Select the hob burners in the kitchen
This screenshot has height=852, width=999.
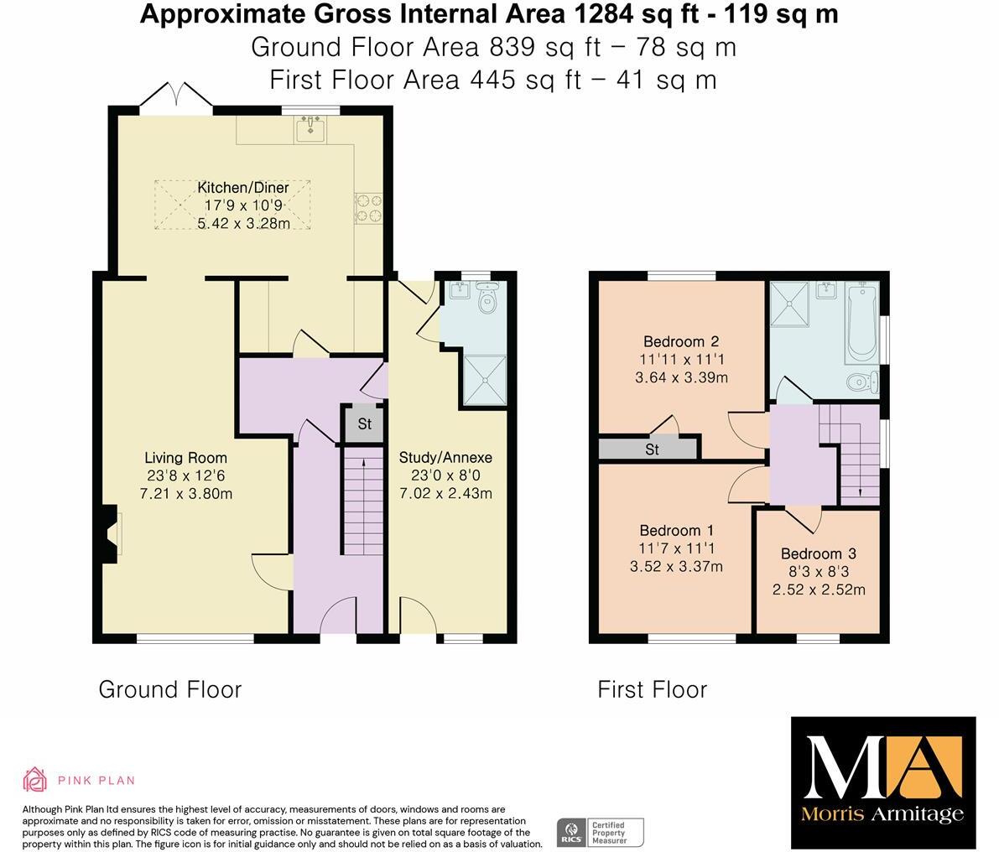(x=367, y=208)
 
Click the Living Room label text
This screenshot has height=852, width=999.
(x=185, y=458)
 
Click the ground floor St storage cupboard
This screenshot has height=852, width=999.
(x=364, y=423)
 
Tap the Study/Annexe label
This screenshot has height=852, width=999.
(x=445, y=458)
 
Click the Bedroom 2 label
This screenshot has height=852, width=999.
(x=681, y=341)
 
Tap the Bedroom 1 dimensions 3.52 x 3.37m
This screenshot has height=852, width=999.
(x=676, y=567)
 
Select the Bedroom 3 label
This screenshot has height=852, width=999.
(x=818, y=553)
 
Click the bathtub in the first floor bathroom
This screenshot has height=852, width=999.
(x=861, y=323)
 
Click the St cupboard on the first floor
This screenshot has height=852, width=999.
(x=652, y=449)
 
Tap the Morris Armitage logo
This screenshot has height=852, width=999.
(x=883, y=782)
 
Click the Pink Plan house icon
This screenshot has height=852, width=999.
(x=34, y=780)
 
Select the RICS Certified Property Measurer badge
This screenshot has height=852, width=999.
(x=600, y=832)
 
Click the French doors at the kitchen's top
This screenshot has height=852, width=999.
(x=175, y=96)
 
